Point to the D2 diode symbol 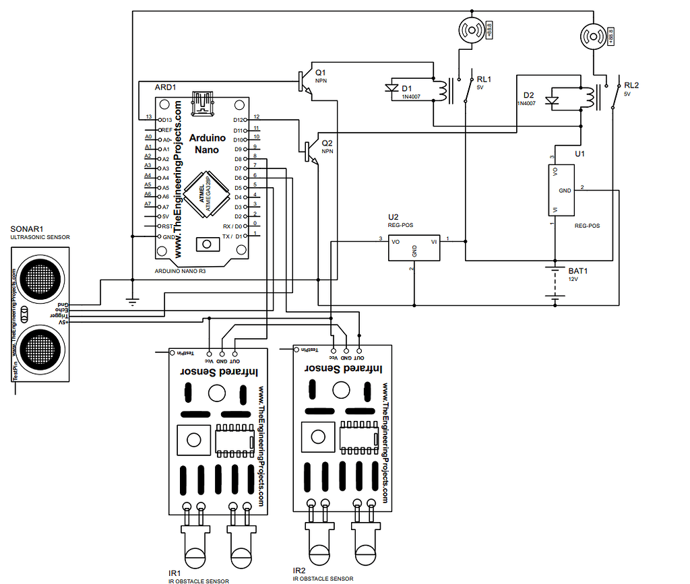tap(553, 102)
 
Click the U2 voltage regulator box tap(414, 247)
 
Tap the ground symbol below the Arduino tap(133, 302)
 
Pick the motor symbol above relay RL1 tap(471, 29)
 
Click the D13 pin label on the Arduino tap(166, 120)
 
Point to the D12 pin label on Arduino tap(239, 120)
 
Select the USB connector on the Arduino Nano tap(203, 104)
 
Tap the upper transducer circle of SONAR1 tap(39, 276)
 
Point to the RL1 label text tap(484, 79)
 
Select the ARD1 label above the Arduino tap(165, 88)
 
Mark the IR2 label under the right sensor tap(300, 571)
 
